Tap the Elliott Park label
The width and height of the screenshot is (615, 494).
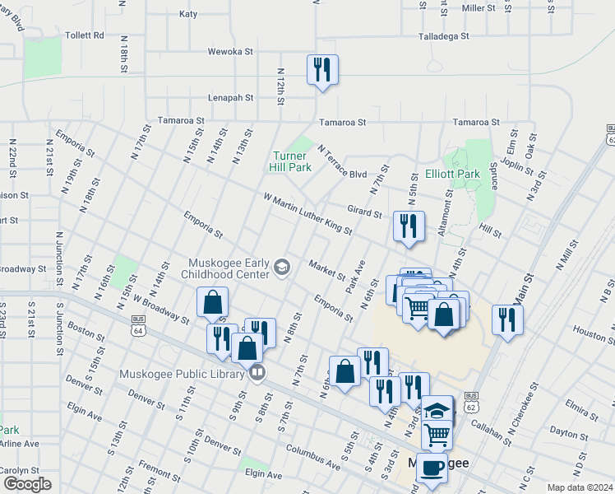click(x=452, y=175)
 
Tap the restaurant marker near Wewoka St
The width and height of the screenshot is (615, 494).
click(x=322, y=69)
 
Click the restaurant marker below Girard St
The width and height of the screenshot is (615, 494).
click(x=409, y=226)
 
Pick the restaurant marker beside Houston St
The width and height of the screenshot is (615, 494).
click(x=506, y=319)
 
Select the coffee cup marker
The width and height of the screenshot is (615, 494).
click(x=432, y=468)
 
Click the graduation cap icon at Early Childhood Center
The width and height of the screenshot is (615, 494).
click(x=282, y=266)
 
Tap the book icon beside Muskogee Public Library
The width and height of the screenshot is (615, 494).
click(x=257, y=374)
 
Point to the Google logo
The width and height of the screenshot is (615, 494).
click(x=27, y=484)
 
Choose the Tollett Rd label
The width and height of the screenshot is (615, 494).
click(x=85, y=35)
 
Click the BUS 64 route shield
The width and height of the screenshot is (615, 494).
click(x=138, y=328)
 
